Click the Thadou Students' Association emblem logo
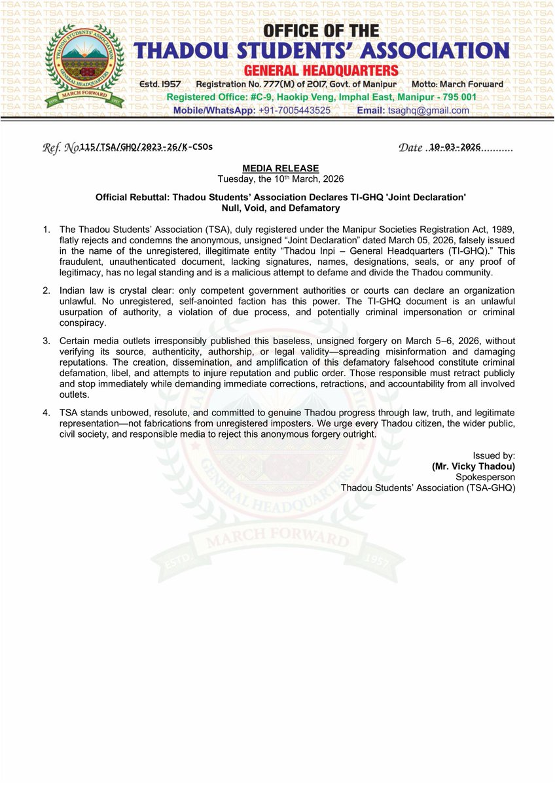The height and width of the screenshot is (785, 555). (82, 67)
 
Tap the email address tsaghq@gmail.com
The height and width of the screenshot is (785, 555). (431, 111)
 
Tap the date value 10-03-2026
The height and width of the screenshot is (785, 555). (452, 147)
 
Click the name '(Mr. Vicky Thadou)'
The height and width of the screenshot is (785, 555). (473, 467)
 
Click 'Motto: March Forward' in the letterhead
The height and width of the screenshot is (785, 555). (457, 84)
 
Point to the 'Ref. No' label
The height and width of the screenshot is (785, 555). (60, 148)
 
